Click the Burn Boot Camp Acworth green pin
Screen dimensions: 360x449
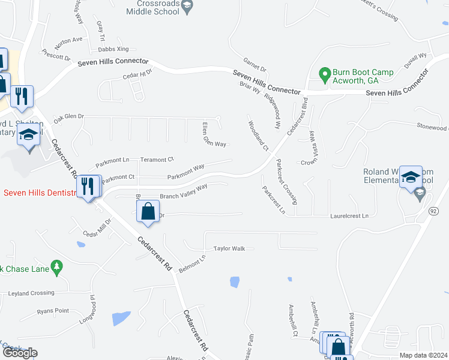pyautogui.click(x=325, y=76)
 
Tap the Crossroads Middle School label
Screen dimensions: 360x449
pyautogui.click(x=155, y=7)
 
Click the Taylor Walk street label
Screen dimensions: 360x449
pyautogui.click(x=230, y=248)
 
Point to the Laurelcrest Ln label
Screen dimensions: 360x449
pyautogui.click(x=348, y=215)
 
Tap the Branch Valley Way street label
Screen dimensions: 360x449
pyautogui.click(x=183, y=191)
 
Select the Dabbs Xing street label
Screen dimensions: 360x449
pyautogui.click(x=114, y=49)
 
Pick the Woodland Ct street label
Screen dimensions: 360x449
pyautogui.click(x=258, y=136)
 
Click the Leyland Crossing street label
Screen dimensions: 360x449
pyautogui.click(x=31, y=293)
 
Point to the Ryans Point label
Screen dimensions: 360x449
pyautogui.click(x=53, y=311)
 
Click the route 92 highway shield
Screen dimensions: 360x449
pyautogui.click(x=433, y=211)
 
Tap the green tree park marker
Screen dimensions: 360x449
pyautogui.click(x=57, y=268)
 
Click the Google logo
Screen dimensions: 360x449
pyautogui.click(x=20, y=353)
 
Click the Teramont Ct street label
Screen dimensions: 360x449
pyautogui.click(x=157, y=160)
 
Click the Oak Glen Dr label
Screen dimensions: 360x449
pyautogui.click(x=68, y=116)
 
